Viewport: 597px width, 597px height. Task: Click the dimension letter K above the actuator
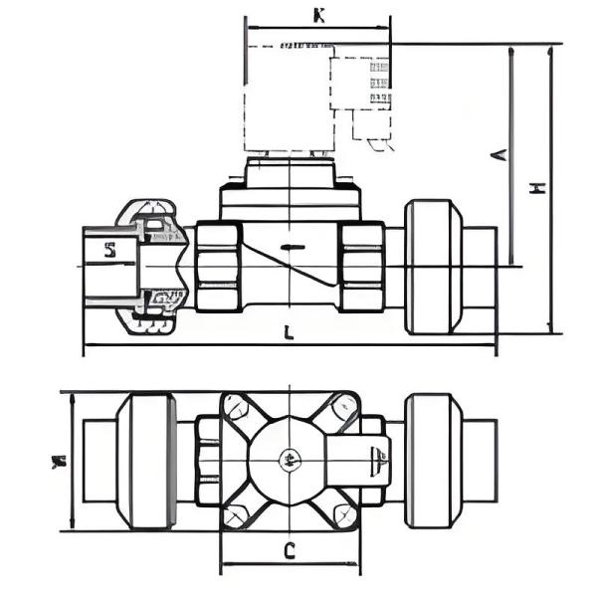pyautogui.click(x=318, y=16)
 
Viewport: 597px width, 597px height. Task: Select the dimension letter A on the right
pyautogui.click(x=500, y=154)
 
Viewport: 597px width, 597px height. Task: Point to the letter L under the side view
pyautogui.click(x=288, y=333)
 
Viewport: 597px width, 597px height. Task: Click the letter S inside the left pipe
pyautogui.click(x=110, y=251)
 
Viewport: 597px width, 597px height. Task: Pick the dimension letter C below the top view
pyautogui.click(x=289, y=550)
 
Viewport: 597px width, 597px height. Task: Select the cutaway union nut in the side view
pyautogui.click(x=149, y=267)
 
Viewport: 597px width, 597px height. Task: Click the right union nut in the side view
pyautogui.click(x=433, y=266)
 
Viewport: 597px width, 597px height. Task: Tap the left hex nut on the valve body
pyautogui.click(x=218, y=266)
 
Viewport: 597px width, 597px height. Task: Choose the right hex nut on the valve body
pyautogui.click(x=361, y=266)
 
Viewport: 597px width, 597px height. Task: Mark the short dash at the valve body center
pyautogui.click(x=290, y=246)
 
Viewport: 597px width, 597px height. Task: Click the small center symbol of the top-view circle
pyautogui.click(x=289, y=460)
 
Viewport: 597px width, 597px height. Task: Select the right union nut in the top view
pyautogui.click(x=433, y=461)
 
